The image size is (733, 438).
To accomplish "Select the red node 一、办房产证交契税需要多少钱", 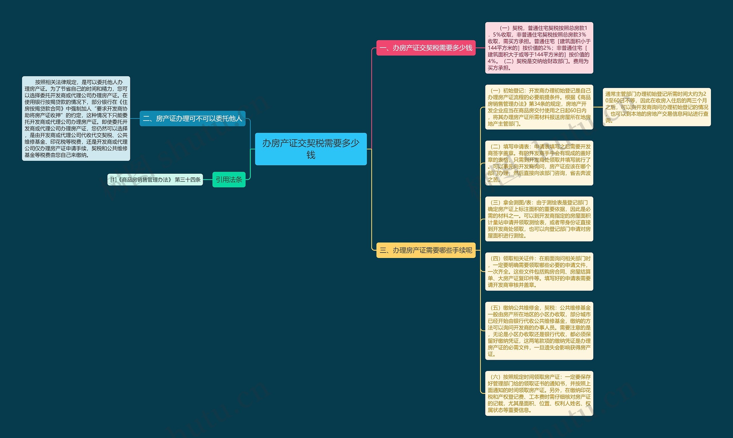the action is (x=426, y=48).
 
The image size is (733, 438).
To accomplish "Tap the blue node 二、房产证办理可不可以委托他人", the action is (x=192, y=118).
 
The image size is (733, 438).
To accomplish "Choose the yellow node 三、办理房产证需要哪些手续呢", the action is (x=426, y=250).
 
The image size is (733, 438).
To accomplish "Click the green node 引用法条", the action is (x=229, y=179).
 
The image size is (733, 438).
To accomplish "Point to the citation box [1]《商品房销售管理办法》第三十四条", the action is (x=155, y=179).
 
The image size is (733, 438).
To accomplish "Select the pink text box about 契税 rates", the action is (x=539, y=48).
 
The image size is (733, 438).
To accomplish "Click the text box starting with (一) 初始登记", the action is (x=539, y=107).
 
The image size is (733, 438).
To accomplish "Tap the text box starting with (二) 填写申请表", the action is (x=539, y=163).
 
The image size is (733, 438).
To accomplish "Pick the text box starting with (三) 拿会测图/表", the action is (x=539, y=219).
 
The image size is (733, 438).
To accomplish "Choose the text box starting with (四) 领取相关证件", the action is (x=539, y=271).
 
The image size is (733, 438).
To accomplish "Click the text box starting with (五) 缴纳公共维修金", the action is (x=539, y=331).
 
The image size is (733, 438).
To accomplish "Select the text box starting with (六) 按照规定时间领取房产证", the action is (x=539, y=394).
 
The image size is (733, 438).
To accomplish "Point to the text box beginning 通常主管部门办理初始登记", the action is (x=657, y=107).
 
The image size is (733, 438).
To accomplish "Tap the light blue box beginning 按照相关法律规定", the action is (x=76, y=118).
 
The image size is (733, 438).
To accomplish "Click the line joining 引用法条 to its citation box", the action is (x=208, y=179).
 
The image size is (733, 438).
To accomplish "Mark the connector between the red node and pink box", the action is (x=480, y=48).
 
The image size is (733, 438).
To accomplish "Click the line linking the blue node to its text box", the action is (x=135, y=118).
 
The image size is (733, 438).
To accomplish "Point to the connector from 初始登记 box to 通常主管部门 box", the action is (x=598, y=107).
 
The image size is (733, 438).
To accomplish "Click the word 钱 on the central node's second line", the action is (x=311, y=155).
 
